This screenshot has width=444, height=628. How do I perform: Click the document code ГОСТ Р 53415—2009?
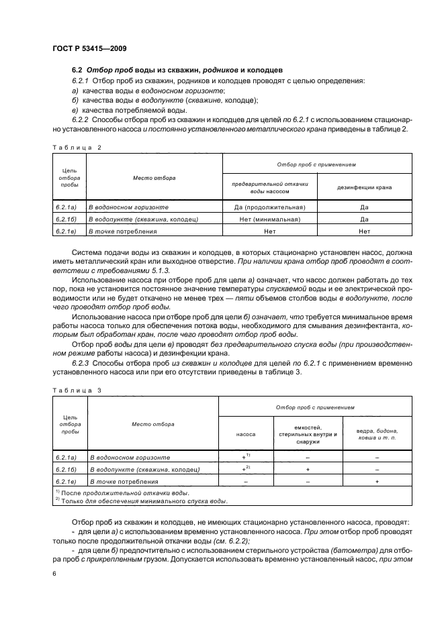[x=89, y=49]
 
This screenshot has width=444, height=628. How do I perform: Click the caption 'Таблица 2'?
[x=76, y=146]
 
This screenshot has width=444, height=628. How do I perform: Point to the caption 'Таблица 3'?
[x=76, y=388]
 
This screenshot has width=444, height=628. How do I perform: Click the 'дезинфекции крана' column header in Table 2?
[x=364, y=187]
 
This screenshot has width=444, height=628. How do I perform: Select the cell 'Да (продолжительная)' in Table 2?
[x=269, y=208]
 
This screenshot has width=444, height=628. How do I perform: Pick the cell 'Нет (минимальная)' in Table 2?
[x=269, y=219]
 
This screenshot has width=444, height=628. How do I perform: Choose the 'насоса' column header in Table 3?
[x=246, y=433]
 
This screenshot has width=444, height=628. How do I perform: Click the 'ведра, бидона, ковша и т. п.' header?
[x=377, y=433]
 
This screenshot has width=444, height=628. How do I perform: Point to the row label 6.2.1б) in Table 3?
[x=69, y=470]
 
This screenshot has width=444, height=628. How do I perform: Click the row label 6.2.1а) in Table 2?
[x=69, y=208]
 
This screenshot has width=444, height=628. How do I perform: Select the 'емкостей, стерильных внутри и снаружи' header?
[x=306, y=433]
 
